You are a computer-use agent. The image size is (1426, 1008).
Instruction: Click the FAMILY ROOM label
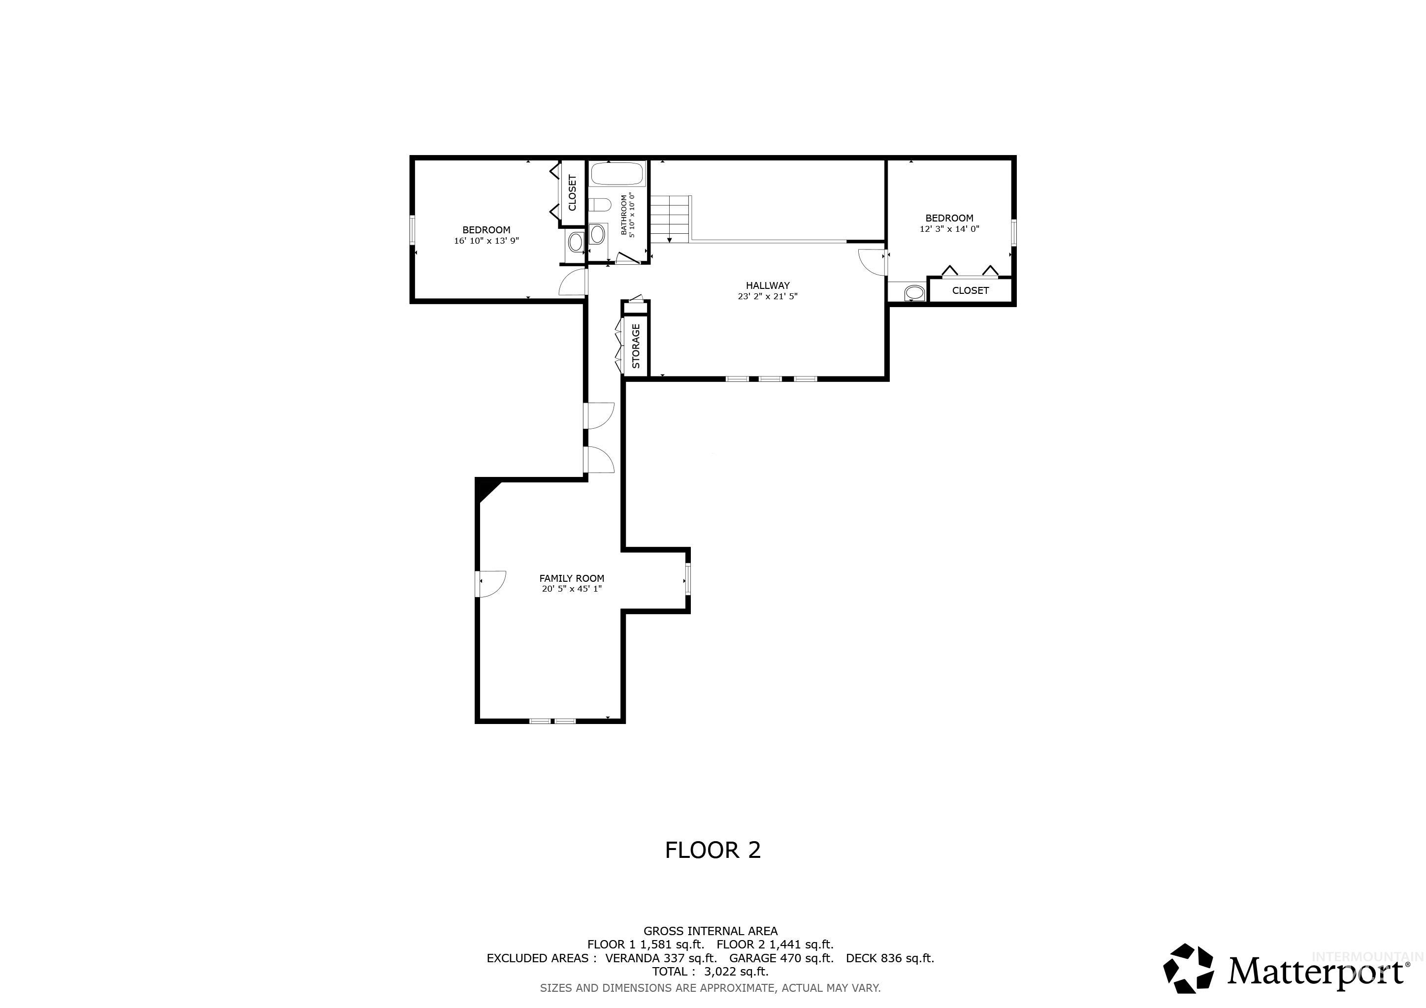point(571,578)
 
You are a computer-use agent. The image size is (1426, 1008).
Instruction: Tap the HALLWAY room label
point(768,285)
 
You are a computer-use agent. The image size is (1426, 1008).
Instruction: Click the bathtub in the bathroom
point(617,174)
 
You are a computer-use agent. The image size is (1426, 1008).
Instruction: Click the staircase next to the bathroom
point(671,219)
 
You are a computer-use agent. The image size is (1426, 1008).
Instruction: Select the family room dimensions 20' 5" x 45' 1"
point(571,589)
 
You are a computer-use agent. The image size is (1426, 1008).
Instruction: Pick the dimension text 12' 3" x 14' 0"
point(949,229)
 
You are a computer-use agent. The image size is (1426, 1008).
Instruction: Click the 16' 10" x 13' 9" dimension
point(486,241)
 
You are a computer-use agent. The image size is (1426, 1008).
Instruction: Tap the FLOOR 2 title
point(713,850)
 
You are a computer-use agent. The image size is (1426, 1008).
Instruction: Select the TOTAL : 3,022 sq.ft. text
point(710,972)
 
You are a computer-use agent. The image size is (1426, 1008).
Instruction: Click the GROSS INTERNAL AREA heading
point(710,931)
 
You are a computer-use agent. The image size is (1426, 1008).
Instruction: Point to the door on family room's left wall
point(490,583)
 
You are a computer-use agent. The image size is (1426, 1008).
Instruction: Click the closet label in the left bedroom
point(573,192)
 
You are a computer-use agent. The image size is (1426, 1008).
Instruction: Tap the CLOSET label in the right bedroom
point(970,290)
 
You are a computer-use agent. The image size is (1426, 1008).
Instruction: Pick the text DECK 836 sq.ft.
point(889,958)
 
